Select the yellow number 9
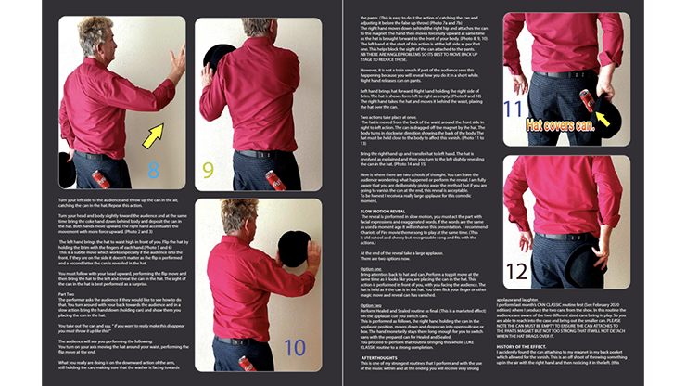208,170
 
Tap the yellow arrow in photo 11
603,116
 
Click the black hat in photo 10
294,249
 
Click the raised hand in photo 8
176,64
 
